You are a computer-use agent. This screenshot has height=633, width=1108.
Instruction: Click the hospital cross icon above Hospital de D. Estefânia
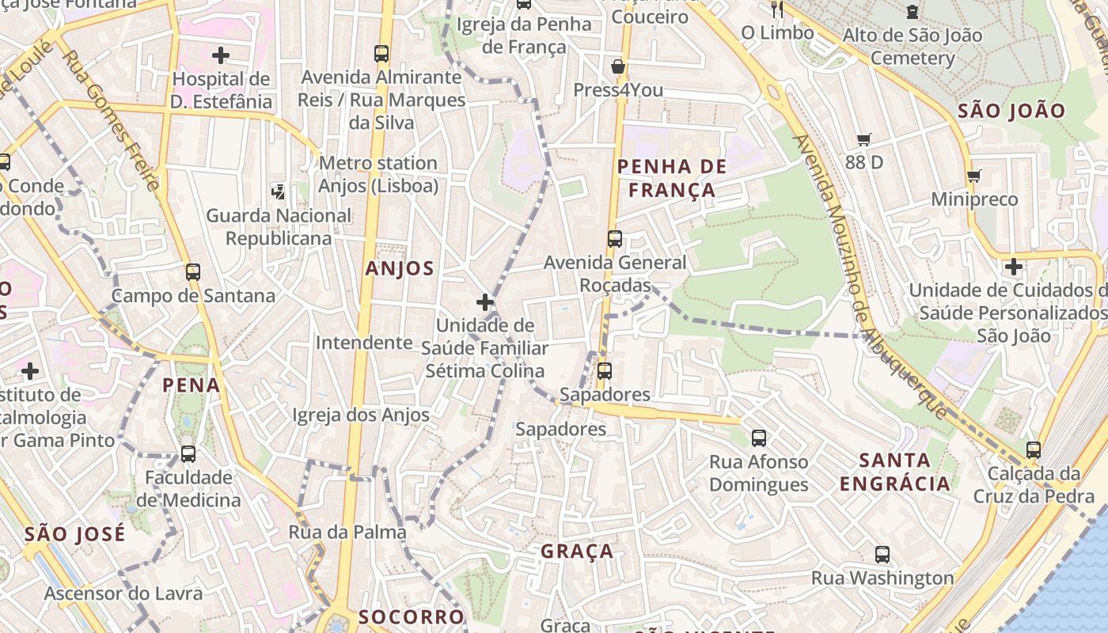221,55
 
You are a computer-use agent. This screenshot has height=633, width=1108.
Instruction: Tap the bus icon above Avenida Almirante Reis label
381,54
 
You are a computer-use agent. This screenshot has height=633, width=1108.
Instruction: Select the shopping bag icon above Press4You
618,66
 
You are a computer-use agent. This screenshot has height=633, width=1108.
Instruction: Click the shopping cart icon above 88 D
863,139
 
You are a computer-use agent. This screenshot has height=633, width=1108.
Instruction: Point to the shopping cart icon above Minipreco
973,176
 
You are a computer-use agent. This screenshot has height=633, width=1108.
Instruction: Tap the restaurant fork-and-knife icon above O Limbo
777,9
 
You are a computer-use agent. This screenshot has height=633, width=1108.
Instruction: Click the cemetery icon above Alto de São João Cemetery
913,11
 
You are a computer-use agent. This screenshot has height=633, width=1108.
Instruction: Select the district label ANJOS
400,269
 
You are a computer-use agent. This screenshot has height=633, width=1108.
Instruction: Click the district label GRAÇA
577,552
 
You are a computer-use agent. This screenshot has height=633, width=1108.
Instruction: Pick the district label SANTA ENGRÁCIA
894,472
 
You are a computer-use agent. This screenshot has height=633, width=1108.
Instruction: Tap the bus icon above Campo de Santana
193,272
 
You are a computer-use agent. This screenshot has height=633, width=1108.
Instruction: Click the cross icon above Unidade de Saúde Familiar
485,302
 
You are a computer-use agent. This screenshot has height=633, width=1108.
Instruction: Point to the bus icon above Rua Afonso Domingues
758,438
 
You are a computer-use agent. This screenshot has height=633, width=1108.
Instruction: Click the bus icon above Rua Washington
882,555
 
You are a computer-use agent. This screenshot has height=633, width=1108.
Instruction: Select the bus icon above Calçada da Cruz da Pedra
1033,450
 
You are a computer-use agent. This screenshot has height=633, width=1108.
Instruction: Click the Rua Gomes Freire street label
112,119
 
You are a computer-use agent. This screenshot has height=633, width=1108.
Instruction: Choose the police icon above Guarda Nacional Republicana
278,191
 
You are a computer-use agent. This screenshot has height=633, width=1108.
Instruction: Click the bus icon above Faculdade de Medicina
188,454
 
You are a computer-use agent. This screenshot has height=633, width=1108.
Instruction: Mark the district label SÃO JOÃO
1011,111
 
